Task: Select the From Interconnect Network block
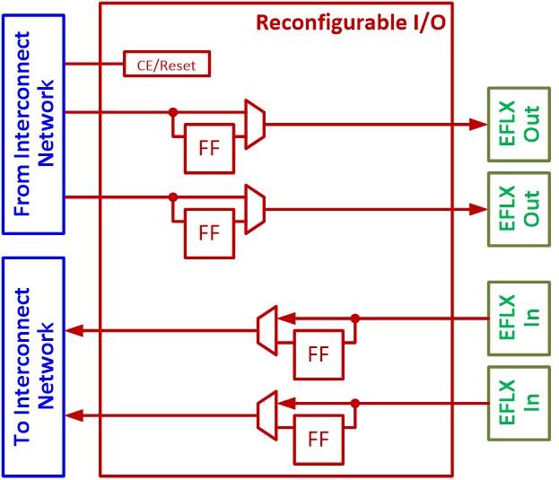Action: pos(35,126)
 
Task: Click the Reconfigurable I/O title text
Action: pos(350,22)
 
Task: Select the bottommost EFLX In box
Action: pos(519,404)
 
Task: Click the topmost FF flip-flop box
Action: pos(208,149)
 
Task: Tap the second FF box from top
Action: pos(208,232)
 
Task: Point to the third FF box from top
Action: pos(318,353)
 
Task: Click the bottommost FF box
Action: pos(318,438)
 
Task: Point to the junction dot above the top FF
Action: pos(172,113)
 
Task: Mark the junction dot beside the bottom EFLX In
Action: pos(355,403)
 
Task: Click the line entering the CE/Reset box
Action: pos(94,65)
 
